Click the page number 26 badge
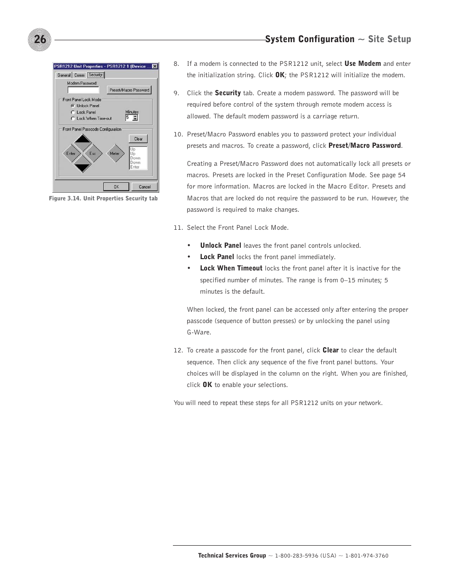(40, 39)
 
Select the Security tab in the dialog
(95, 75)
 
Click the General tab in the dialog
(63, 75)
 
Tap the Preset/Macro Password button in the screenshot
(129, 90)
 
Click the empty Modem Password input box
(83, 90)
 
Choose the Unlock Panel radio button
(72, 106)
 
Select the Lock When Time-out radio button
(72, 118)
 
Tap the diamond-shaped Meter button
(115, 153)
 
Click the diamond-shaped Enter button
(71, 153)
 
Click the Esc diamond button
(93, 153)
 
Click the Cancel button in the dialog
(145, 187)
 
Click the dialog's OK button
(117, 187)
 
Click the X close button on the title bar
(154, 66)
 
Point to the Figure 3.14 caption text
(103, 198)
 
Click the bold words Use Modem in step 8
(362, 63)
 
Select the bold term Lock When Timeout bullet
(231, 268)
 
